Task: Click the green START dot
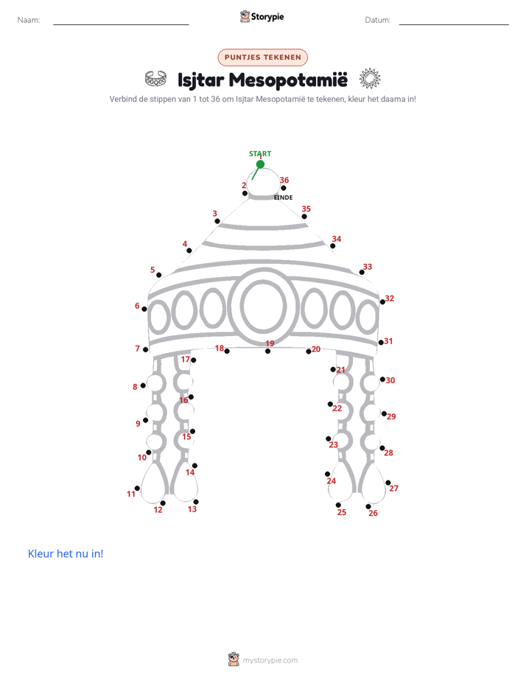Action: [x=260, y=164]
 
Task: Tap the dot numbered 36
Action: [x=284, y=188]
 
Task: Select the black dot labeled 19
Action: [x=267, y=351]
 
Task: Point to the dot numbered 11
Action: [x=137, y=488]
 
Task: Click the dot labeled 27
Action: [x=388, y=483]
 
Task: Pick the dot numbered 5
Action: [x=159, y=275]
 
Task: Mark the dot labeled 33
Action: [x=362, y=272]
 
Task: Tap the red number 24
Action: [x=331, y=481]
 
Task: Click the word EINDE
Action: [x=284, y=198]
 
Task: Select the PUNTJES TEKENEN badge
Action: [x=262, y=57]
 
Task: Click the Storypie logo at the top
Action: [x=262, y=16]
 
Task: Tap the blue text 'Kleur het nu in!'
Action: [x=66, y=553]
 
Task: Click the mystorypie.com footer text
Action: [x=270, y=660]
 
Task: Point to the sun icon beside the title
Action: [x=370, y=79]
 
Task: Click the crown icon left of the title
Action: [x=155, y=79]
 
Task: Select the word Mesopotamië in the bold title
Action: [x=288, y=80]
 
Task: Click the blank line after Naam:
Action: [x=121, y=24]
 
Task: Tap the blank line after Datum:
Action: [x=454, y=24]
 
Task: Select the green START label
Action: [x=260, y=154]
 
